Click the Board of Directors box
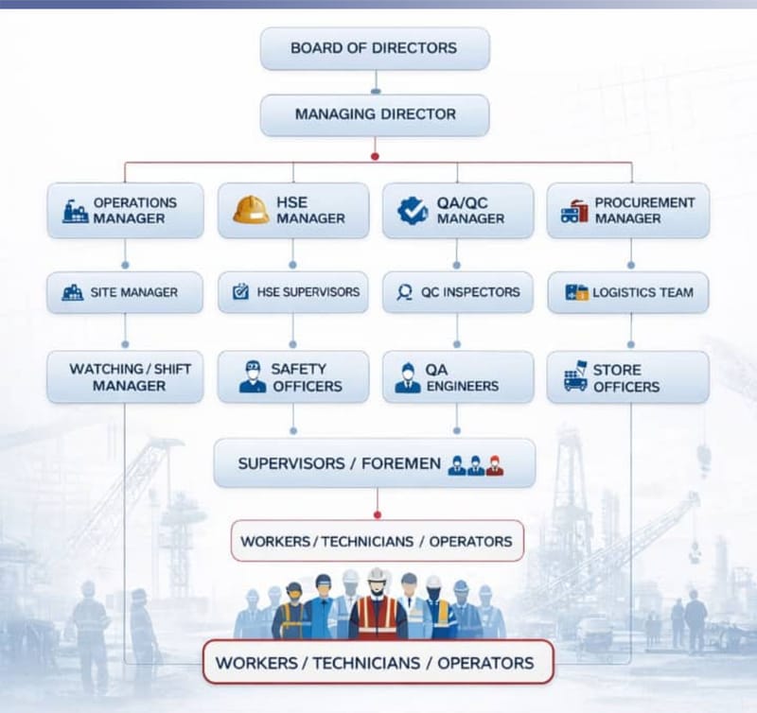[375, 48]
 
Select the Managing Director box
[375, 114]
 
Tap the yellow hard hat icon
[251, 209]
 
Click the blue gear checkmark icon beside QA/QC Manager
[413, 210]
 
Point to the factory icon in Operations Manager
[76, 211]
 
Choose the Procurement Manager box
[628, 210]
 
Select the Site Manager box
[125, 292]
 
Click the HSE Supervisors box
[292, 292]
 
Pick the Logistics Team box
[628, 292]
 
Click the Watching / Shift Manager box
[125, 377]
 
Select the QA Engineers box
[458, 377]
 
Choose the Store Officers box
[628, 377]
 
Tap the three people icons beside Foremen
[475, 464]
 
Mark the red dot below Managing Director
[376, 155]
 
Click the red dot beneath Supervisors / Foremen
[377, 514]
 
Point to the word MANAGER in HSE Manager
[311, 218]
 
